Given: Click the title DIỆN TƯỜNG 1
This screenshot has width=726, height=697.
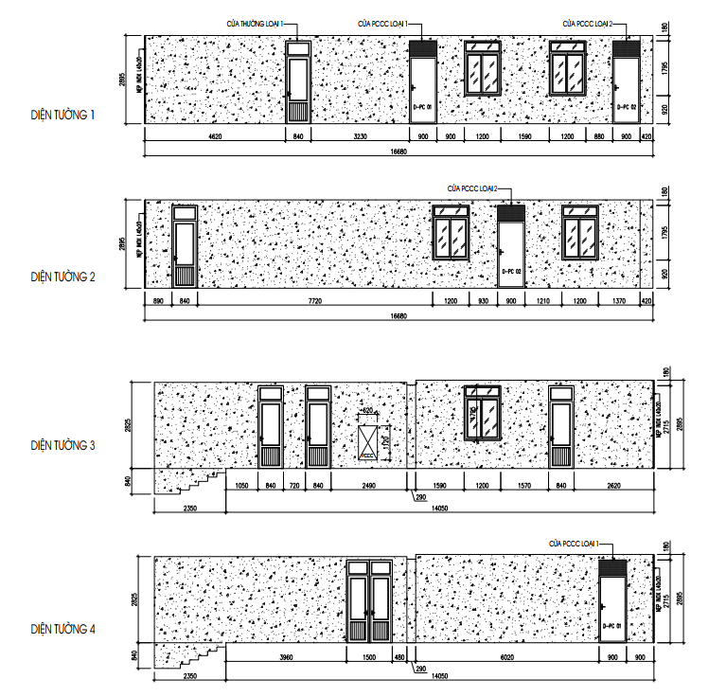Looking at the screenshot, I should coord(64,116).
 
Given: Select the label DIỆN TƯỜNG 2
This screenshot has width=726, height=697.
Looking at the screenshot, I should coord(64,277).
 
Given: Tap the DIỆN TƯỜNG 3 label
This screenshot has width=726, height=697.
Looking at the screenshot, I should coord(64,443).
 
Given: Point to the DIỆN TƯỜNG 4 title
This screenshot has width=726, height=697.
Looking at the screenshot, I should coord(64,628).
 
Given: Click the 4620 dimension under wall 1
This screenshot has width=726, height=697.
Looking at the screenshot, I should coord(214,138).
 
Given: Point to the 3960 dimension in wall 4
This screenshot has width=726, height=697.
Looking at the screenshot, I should coord(287,658).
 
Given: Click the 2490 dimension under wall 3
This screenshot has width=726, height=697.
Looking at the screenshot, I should coord(368,486).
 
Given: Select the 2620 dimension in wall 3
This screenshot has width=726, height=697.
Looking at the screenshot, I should coord(614,486).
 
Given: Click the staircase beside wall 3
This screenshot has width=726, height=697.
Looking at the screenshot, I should coord(190,482).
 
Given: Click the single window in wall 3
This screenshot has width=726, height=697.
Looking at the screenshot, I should coord(482,414).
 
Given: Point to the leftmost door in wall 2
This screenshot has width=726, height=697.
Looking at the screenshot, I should coord(184,246).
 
